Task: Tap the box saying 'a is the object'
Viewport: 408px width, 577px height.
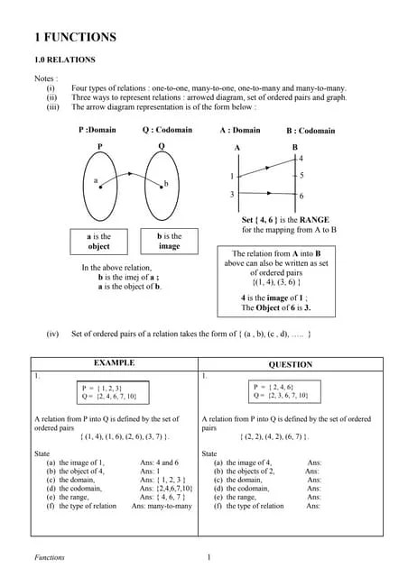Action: pos(99,241)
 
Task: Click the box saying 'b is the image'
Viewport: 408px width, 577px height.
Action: pos(169,241)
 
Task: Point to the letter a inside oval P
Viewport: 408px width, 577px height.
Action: pos(96,180)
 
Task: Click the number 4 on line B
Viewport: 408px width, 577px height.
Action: pos(301,158)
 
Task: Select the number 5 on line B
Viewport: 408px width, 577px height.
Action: pos(301,175)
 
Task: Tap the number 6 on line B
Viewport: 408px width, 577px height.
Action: pos(301,196)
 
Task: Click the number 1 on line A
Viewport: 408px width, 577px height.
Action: pos(232,176)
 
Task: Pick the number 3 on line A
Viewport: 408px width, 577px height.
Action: pos(232,195)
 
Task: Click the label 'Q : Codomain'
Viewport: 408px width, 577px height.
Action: pos(167,130)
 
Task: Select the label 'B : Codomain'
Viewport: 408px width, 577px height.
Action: pos(311,131)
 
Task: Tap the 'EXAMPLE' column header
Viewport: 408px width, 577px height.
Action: pos(115,362)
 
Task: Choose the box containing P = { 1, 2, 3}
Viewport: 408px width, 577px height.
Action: pos(108,391)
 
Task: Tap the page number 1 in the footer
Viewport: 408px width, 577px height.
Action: pos(209,557)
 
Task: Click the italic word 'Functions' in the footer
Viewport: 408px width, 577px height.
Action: pos(49,558)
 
